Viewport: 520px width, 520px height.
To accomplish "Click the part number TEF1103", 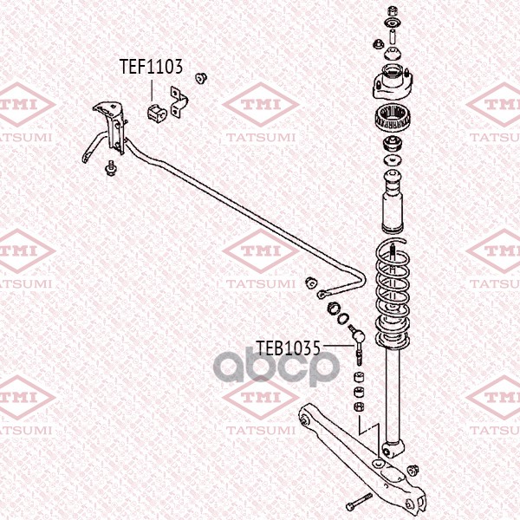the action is pos(151,67).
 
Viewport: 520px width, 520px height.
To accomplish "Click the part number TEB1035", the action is pos(289,348).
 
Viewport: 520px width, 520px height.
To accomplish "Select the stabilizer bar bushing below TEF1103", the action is pos(156,113).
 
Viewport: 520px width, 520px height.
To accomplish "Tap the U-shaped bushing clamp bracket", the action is pos(179,102).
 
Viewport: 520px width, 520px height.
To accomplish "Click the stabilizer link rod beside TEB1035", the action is pos(357,345).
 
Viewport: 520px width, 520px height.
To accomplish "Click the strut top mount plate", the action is pos(393,83).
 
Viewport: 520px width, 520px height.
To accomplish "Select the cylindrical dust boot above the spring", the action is pos(393,201).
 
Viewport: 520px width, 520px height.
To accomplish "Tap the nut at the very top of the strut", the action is pos(393,11).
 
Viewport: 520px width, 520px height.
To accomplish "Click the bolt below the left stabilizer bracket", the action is pos(110,168).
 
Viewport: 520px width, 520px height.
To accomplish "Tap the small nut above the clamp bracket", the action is pos(201,78).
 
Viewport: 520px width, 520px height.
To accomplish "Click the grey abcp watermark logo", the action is pos(276,366).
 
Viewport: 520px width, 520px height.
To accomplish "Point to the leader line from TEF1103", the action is pos(152,90).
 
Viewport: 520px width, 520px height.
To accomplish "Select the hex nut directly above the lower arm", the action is pos(359,406).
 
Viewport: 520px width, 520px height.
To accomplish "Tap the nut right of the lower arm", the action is pos(413,471).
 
